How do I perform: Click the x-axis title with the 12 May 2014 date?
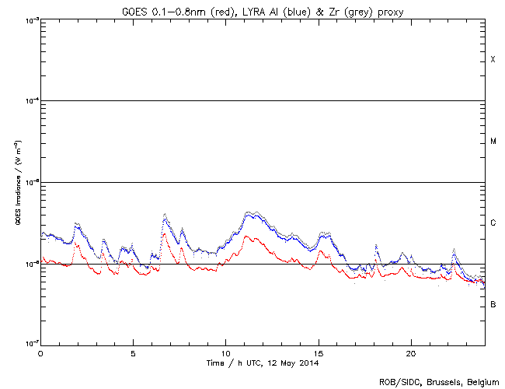tap(263, 363)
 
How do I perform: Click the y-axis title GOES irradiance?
tap(16, 182)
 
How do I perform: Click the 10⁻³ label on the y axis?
tap(30, 20)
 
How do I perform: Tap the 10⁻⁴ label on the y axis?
tap(30, 101)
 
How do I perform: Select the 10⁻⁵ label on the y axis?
tap(30, 183)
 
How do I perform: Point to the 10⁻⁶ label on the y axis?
tap(30, 265)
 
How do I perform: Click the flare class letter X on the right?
tap(493, 60)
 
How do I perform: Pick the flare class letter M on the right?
tap(493, 142)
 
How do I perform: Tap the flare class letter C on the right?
tap(493, 223)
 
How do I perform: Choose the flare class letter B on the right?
tap(493, 305)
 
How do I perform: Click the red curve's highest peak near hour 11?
tap(247, 236)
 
